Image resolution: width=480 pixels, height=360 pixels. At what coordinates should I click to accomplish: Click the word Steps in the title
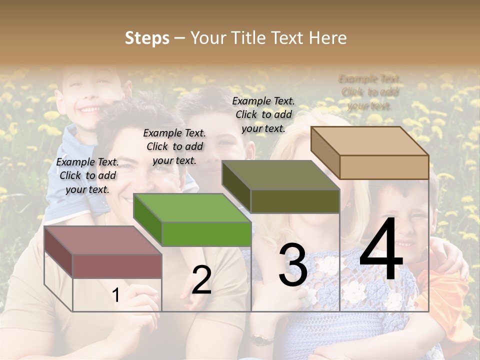click(x=146, y=38)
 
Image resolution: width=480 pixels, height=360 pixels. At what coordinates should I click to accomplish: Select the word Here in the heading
click(x=327, y=38)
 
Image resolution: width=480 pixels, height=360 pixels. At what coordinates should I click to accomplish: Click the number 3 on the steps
click(x=292, y=265)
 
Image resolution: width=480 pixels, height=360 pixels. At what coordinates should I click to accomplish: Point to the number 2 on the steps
click(x=201, y=280)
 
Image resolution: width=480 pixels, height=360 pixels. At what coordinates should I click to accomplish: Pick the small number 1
click(x=115, y=295)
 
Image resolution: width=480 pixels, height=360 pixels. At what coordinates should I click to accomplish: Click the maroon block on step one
click(x=116, y=265)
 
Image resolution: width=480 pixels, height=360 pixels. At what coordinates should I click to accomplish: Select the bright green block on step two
click(x=206, y=233)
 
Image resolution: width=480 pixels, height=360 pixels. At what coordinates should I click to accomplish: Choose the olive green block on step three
click(x=294, y=200)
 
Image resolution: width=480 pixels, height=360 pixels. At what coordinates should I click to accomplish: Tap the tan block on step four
click(x=383, y=166)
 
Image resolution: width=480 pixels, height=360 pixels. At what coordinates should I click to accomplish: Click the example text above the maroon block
click(x=87, y=175)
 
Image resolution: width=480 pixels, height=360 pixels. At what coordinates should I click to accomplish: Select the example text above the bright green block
click(x=174, y=146)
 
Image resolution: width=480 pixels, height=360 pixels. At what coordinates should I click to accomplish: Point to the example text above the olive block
click(x=263, y=114)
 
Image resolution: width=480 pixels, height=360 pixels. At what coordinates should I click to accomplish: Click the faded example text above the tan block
click(x=370, y=92)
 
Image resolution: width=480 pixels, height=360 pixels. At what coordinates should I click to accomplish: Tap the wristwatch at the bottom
click(x=258, y=340)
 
